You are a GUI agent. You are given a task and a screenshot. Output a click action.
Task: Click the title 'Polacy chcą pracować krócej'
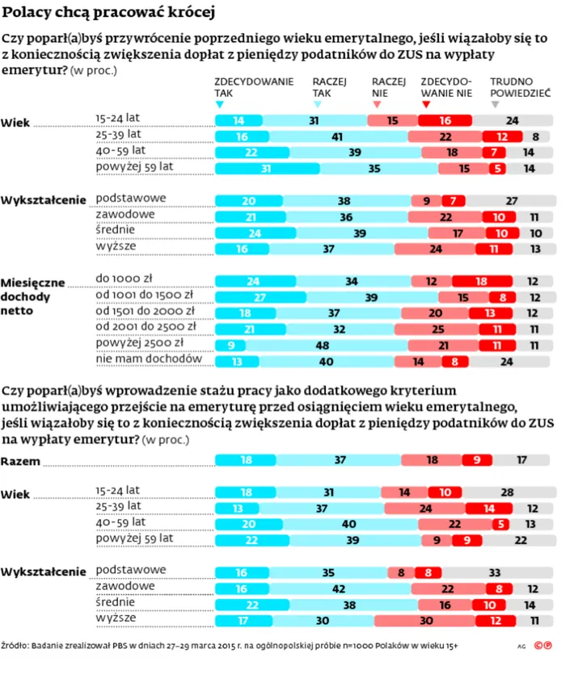(x=108, y=14)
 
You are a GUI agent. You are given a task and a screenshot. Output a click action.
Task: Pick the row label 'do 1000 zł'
(x=124, y=278)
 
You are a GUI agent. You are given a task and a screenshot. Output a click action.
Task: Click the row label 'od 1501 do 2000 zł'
(x=146, y=310)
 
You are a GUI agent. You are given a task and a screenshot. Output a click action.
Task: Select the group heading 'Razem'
(x=21, y=461)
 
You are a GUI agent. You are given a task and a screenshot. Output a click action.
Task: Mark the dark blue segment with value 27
(x=240, y=297)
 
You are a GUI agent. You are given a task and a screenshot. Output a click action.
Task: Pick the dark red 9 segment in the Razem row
(x=477, y=460)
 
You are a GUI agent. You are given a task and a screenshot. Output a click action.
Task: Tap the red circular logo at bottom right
(x=548, y=645)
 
